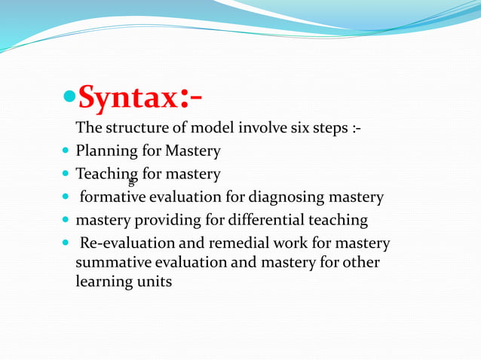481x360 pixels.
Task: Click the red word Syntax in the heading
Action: click(x=127, y=98)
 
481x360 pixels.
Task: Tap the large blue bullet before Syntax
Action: click(x=69, y=99)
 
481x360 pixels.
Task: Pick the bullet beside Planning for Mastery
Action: click(x=66, y=151)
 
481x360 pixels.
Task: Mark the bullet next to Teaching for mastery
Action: click(x=66, y=175)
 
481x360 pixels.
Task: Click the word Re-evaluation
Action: click(x=125, y=244)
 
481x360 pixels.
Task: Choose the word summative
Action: click(x=110, y=263)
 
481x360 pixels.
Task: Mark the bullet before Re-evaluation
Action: click(x=66, y=244)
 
